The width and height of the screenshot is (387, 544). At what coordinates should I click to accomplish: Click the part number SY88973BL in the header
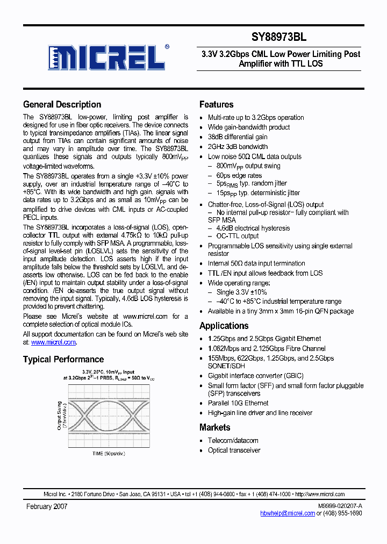click(x=279, y=38)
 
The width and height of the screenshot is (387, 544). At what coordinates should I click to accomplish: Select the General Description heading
click(x=62, y=104)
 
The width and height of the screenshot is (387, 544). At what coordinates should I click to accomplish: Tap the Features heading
click(x=216, y=104)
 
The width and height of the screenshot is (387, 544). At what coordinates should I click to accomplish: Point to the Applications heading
click(x=224, y=326)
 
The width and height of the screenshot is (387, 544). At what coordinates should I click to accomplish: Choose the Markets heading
click(x=214, y=427)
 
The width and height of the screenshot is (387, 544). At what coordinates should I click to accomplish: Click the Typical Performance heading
click(x=63, y=359)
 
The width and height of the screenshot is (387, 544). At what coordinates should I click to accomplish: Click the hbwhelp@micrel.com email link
click(x=288, y=513)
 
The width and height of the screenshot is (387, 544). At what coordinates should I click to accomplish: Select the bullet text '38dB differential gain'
click(x=237, y=137)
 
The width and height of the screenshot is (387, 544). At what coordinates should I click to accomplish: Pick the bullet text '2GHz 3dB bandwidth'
click(x=237, y=147)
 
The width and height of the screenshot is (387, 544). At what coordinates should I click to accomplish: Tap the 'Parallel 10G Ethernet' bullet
click(x=238, y=403)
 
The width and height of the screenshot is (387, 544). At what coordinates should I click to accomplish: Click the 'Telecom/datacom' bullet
click(x=233, y=441)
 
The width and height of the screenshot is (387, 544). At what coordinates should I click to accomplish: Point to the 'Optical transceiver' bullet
click(x=234, y=450)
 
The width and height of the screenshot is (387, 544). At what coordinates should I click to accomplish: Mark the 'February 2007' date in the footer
click(x=47, y=507)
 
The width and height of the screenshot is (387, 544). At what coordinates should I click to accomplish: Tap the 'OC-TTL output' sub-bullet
click(x=238, y=236)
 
